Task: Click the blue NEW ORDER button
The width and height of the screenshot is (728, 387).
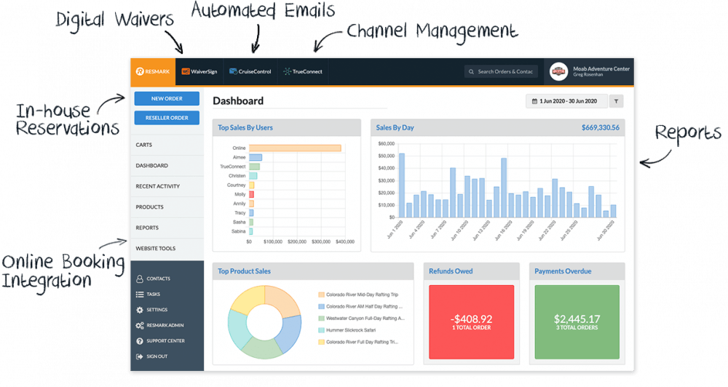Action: tap(167, 98)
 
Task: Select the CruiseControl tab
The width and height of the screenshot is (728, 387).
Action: tap(250, 71)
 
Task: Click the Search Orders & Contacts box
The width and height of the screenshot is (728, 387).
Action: tap(502, 71)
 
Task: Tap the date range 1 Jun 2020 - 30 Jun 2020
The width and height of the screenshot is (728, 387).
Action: tap(564, 101)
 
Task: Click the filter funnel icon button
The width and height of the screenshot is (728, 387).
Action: tap(616, 101)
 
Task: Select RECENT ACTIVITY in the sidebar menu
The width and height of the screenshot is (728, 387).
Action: tap(158, 186)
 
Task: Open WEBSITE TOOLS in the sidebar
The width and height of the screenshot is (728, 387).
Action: tap(156, 249)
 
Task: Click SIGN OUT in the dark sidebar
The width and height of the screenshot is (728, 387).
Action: tap(157, 356)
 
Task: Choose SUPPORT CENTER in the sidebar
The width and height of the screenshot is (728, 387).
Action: tap(165, 340)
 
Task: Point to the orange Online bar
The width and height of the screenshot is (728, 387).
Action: tap(295, 148)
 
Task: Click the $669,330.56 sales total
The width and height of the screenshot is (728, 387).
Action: tap(600, 128)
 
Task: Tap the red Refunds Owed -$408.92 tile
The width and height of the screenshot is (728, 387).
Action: tap(471, 321)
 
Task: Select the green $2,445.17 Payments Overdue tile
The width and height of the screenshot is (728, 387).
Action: tap(577, 321)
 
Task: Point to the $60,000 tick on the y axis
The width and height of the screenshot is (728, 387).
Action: tap(386, 143)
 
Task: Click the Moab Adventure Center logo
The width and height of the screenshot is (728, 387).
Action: tap(558, 71)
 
